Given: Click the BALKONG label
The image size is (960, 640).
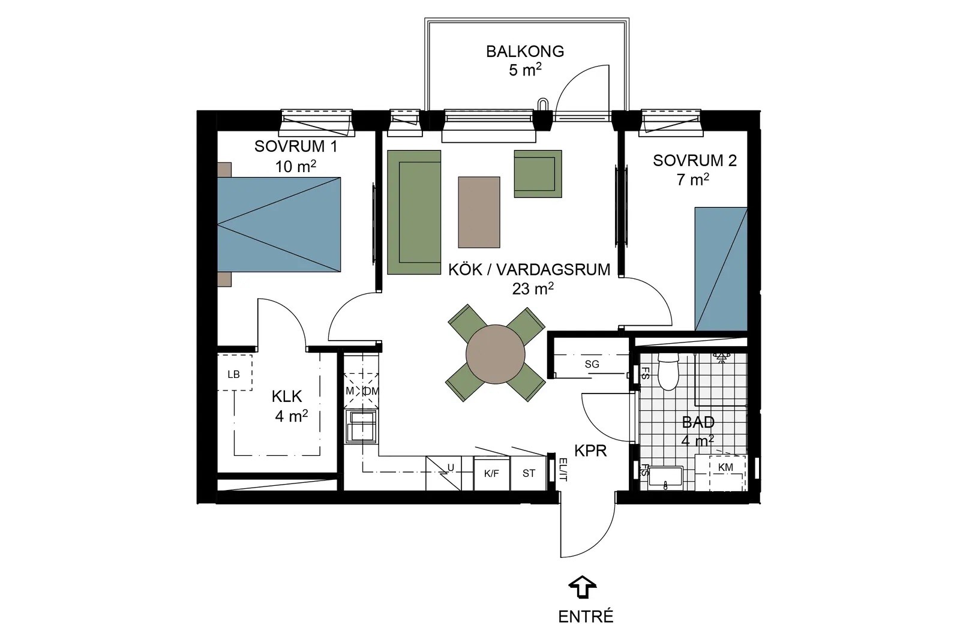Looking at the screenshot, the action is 524,52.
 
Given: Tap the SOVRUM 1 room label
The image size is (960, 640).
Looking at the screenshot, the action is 296,146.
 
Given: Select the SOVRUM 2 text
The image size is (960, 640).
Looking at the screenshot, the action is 695,161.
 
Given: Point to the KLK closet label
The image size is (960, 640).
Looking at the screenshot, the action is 287,396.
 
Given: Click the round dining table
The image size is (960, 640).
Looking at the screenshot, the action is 496,354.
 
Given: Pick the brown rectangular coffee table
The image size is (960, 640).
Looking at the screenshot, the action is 479,212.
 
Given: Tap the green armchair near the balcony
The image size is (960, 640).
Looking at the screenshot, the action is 538,173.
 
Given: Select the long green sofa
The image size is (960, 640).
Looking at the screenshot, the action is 414,212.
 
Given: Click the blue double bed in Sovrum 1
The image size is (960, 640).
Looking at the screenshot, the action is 279,224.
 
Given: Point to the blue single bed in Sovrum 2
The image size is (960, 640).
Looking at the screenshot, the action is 721,269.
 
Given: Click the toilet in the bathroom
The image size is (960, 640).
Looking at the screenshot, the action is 667,371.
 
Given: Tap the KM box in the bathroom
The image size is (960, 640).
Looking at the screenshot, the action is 725,468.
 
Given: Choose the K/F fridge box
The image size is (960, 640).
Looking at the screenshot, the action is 491,473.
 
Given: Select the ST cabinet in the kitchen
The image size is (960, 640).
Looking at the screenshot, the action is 529,473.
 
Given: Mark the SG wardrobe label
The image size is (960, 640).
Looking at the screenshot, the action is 592,365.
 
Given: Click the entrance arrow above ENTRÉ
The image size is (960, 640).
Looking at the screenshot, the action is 583,587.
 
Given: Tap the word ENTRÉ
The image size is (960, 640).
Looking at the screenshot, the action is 586,617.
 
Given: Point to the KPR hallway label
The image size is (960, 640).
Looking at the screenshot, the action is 590,451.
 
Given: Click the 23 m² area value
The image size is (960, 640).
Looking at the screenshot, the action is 533,289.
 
